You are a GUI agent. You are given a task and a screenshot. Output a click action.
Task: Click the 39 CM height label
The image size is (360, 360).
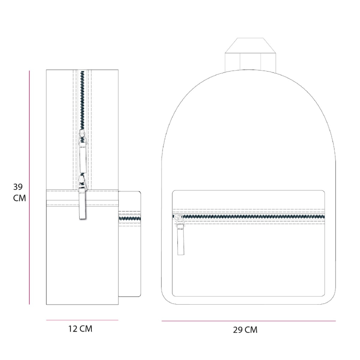point(19,193)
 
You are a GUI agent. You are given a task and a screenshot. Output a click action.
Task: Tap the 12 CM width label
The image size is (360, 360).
point(80,329)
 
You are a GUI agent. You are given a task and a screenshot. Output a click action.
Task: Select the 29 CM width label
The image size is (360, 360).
point(245,330)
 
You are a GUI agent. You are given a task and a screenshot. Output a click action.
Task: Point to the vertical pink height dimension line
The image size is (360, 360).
point(29,187)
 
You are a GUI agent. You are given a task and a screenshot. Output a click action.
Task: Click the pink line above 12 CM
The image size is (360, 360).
point(82,320)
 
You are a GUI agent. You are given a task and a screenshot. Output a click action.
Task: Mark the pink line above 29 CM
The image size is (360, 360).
point(249,321)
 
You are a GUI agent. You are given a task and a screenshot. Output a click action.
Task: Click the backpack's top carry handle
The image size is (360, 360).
point(250,54)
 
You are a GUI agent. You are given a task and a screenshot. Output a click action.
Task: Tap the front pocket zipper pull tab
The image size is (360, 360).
point(181,239)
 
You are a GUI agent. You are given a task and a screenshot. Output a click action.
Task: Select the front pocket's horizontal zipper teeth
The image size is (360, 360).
point(249,216)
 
